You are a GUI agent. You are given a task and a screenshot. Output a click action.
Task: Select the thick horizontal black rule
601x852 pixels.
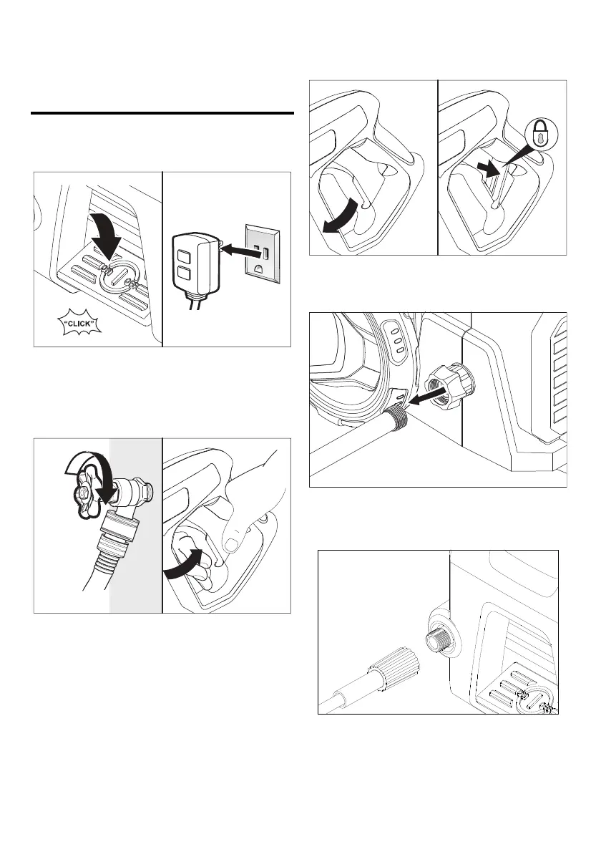tap(162, 113)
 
